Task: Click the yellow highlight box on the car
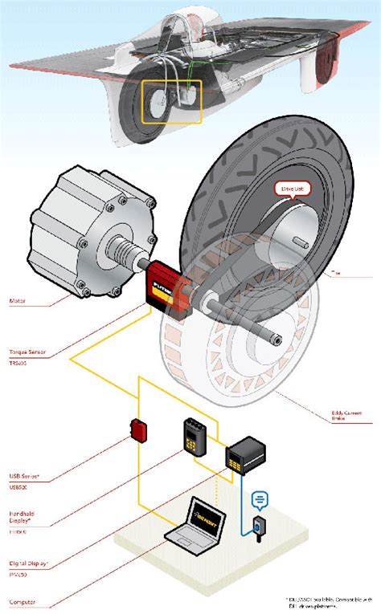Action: point(171,101)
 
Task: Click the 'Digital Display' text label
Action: point(25,563)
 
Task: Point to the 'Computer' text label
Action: point(22,601)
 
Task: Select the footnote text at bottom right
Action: point(330,603)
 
